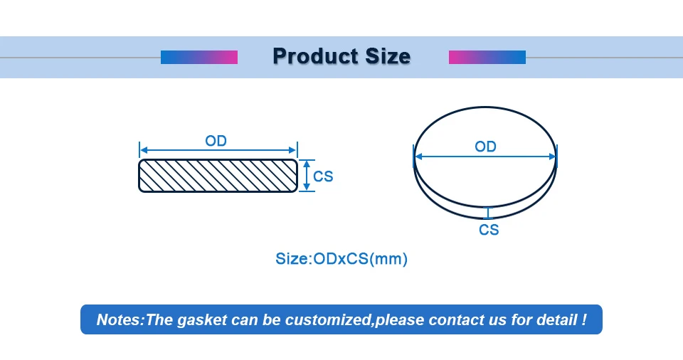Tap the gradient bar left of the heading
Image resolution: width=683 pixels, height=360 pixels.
click(198, 57)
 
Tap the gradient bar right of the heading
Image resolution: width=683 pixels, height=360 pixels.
click(487, 57)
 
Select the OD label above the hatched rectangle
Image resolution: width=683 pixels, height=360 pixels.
click(216, 141)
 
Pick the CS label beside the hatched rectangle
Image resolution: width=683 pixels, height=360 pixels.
click(323, 176)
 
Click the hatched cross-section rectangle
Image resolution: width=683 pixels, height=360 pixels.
click(218, 175)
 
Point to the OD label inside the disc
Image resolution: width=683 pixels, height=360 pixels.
click(485, 147)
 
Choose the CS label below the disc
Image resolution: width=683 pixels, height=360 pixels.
click(489, 230)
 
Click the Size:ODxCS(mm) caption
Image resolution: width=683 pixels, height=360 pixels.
click(341, 259)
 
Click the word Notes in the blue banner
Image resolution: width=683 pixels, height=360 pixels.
click(119, 319)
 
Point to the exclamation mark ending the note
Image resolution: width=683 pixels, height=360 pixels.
click(584, 319)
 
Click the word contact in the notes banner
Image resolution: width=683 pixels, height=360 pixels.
click(455, 319)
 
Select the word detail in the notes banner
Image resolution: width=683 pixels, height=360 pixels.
click(556, 319)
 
